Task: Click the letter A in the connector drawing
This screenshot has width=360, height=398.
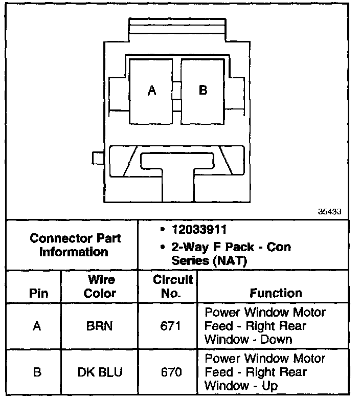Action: [151, 91]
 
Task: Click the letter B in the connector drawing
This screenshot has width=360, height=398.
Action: [203, 90]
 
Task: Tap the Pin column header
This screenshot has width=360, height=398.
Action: [38, 293]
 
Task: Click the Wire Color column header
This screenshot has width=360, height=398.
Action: [100, 286]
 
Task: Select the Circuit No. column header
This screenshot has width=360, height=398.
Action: [172, 286]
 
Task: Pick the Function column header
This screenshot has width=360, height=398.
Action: [276, 293]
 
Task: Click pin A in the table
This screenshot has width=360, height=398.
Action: [37, 326]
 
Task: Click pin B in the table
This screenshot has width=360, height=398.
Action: [37, 372]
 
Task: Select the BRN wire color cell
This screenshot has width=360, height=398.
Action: [100, 326]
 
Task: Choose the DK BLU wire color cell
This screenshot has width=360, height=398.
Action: [100, 372]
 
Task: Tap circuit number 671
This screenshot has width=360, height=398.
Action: [171, 326]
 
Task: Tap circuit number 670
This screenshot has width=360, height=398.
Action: [171, 372]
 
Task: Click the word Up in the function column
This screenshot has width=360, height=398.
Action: [270, 385]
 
